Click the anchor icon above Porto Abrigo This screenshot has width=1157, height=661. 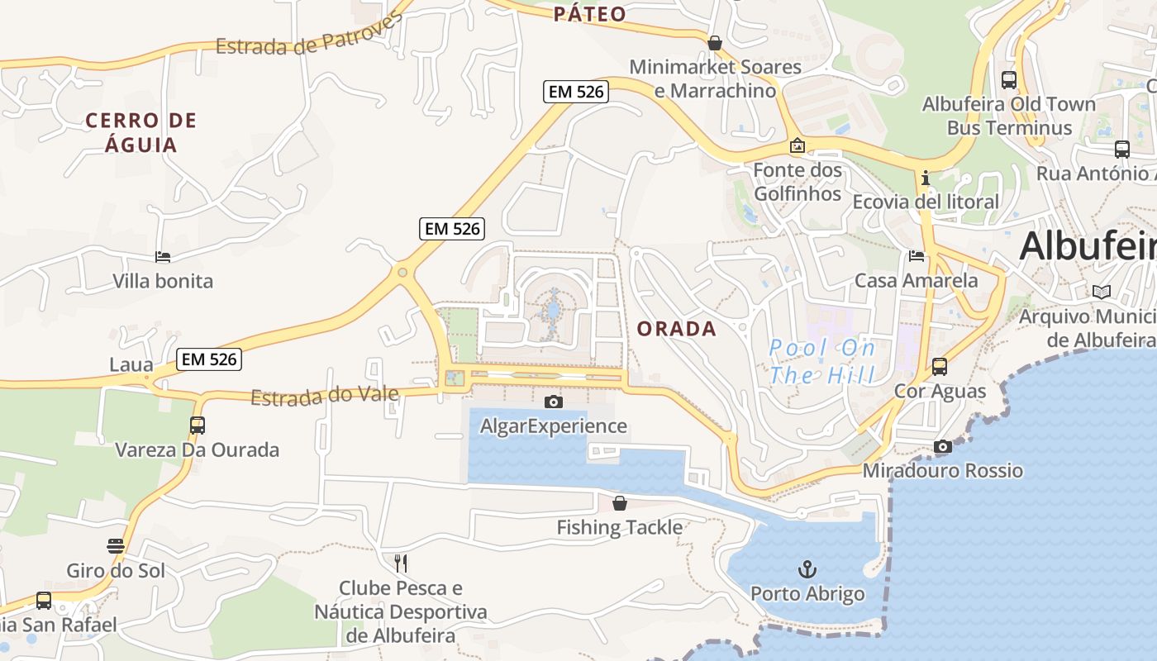(807, 568)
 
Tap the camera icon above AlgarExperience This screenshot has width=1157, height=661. (554, 402)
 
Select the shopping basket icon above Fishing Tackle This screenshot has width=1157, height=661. (620, 502)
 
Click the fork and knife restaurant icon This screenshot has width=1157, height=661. (401, 564)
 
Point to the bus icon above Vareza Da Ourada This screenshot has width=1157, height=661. (198, 426)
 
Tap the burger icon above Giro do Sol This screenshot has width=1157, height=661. (116, 545)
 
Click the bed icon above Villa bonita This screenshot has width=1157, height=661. (163, 257)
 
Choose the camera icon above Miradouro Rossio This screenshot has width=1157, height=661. (942, 447)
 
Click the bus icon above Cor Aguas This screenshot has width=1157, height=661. (940, 366)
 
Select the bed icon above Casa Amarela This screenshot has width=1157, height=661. (917, 256)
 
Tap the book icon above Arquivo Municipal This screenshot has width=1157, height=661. (1102, 292)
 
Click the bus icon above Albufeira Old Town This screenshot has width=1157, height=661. (1009, 80)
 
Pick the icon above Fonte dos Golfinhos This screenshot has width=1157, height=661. (798, 146)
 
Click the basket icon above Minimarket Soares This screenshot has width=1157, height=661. (715, 43)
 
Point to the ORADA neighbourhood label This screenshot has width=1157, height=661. (676, 329)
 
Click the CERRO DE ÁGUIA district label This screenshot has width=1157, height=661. (141, 132)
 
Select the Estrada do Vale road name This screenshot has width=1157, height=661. (324, 397)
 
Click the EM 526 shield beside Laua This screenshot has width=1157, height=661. (210, 359)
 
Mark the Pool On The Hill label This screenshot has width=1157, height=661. (822, 361)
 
